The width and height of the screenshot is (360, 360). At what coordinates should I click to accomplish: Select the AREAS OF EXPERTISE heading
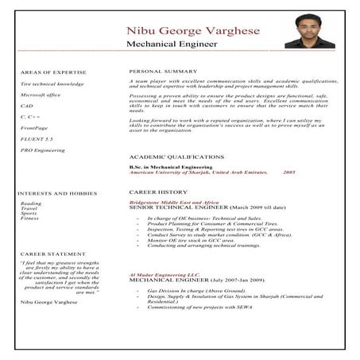click(x=52, y=72)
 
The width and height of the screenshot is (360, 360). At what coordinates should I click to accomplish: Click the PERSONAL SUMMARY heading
click(x=163, y=71)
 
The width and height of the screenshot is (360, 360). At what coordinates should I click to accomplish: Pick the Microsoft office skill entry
click(x=41, y=95)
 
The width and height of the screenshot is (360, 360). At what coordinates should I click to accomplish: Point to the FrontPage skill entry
click(x=34, y=127)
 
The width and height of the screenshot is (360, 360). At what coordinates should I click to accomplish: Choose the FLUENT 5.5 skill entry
click(x=37, y=138)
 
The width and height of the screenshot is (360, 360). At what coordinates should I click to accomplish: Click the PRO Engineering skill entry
click(x=43, y=149)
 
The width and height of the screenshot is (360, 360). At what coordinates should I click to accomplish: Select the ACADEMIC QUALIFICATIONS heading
click(x=176, y=157)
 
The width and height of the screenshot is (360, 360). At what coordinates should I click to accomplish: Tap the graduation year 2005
click(x=288, y=172)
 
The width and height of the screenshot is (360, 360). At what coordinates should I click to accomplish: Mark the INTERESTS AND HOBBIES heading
click(x=56, y=193)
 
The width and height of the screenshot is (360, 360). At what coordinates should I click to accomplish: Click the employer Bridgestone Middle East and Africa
click(x=173, y=203)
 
